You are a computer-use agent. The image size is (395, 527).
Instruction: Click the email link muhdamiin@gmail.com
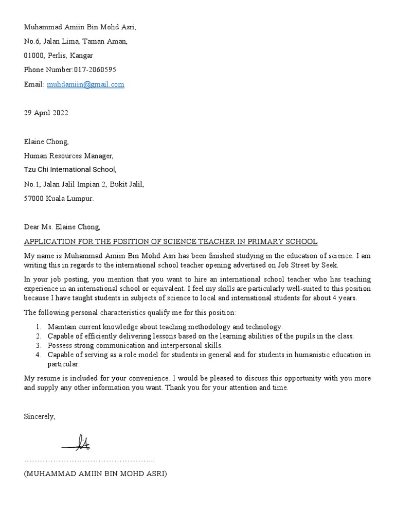[x=85, y=84]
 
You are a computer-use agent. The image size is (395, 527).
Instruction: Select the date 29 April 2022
[x=46, y=113]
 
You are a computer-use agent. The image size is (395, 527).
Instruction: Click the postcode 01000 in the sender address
[x=34, y=56]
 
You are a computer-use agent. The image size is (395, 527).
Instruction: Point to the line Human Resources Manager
[x=68, y=155]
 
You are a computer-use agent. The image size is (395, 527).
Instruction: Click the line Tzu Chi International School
[x=70, y=169]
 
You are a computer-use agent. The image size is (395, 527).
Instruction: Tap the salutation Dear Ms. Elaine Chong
[x=62, y=226]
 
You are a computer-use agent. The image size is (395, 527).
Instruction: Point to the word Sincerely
[x=39, y=416]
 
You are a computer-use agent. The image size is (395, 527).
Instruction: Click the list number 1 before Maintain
[x=39, y=327]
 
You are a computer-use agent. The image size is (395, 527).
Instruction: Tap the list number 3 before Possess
[x=39, y=345]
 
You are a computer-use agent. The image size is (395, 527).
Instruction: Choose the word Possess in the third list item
[x=60, y=345]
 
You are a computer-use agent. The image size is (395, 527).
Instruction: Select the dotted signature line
[x=89, y=460]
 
